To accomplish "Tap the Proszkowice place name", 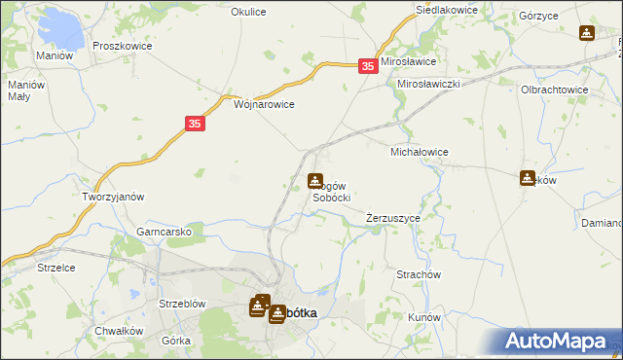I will tap(118, 46).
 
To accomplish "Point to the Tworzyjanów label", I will tap(113, 196).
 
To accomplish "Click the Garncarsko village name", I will tap(170, 233).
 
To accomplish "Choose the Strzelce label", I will tap(55, 267).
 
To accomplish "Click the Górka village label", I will tap(176, 340).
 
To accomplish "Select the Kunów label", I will tap(425, 318).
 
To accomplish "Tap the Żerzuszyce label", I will tap(393, 219).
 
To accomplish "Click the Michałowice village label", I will tap(419, 153).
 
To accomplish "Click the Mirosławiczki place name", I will tap(428, 85).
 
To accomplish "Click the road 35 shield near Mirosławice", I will tap(367, 65).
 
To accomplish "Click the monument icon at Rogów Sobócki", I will tap(315, 181).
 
